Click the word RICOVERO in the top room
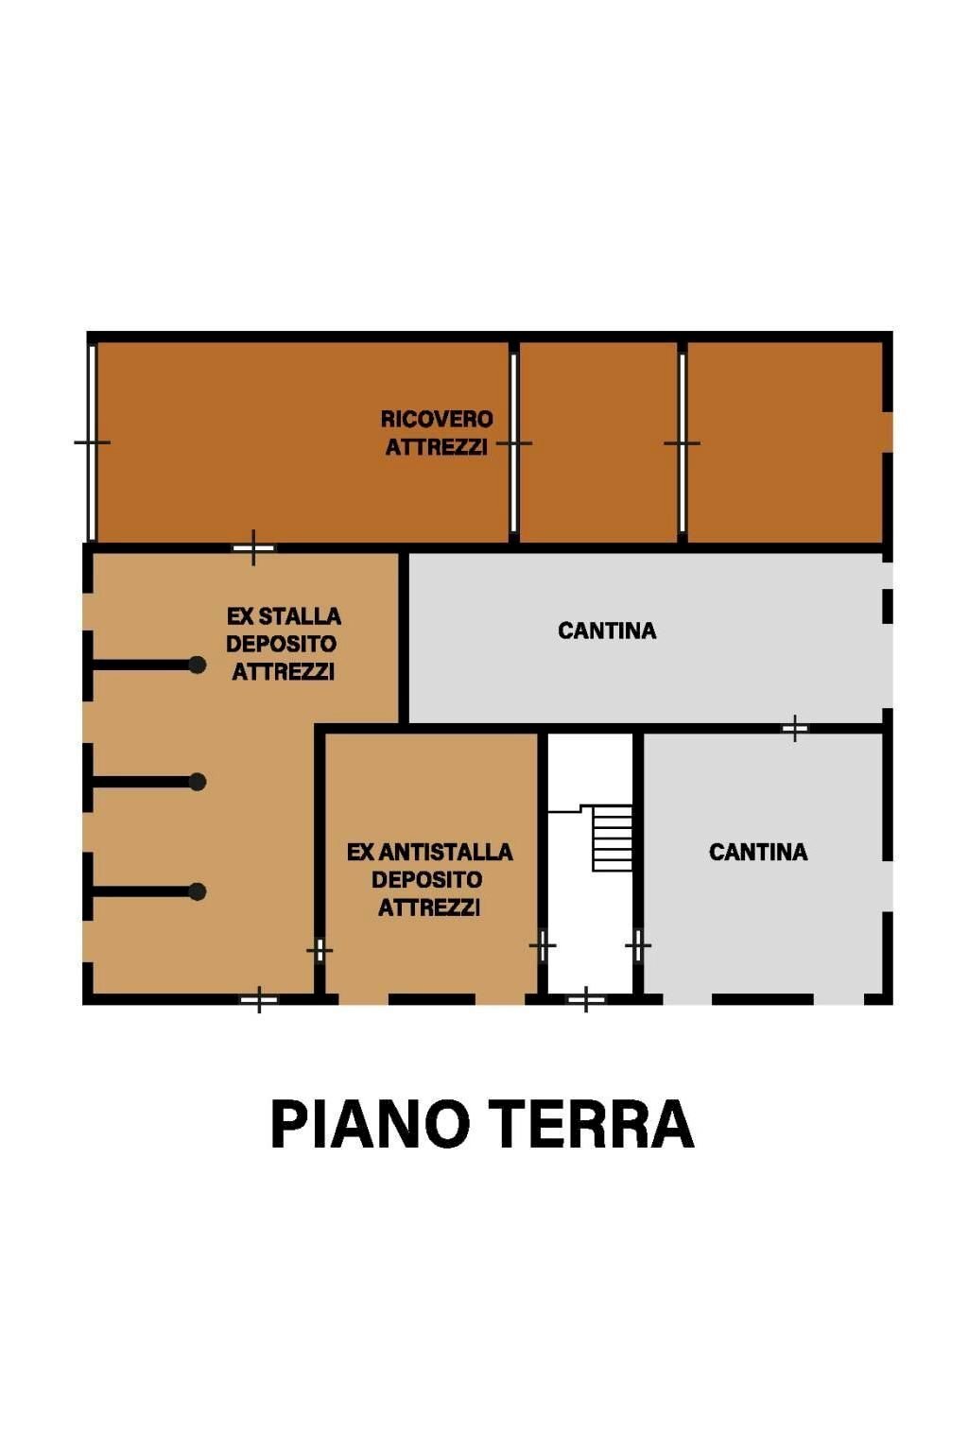(x=437, y=419)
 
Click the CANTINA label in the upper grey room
(x=607, y=631)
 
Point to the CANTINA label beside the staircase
(x=758, y=852)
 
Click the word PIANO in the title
(x=370, y=1124)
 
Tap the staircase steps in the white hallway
(x=613, y=838)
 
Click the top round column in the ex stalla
(x=198, y=665)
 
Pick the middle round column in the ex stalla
(x=198, y=782)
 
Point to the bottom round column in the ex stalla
(x=198, y=891)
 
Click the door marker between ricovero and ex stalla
(x=253, y=547)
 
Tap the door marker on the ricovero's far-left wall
(x=92, y=442)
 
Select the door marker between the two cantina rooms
(x=795, y=728)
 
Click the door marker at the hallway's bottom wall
(x=586, y=999)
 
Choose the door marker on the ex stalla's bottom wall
(x=259, y=999)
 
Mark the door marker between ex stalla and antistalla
(x=320, y=949)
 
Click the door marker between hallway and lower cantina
(x=638, y=944)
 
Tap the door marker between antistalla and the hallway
(x=543, y=944)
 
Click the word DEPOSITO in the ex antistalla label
(x=427, y=880)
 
